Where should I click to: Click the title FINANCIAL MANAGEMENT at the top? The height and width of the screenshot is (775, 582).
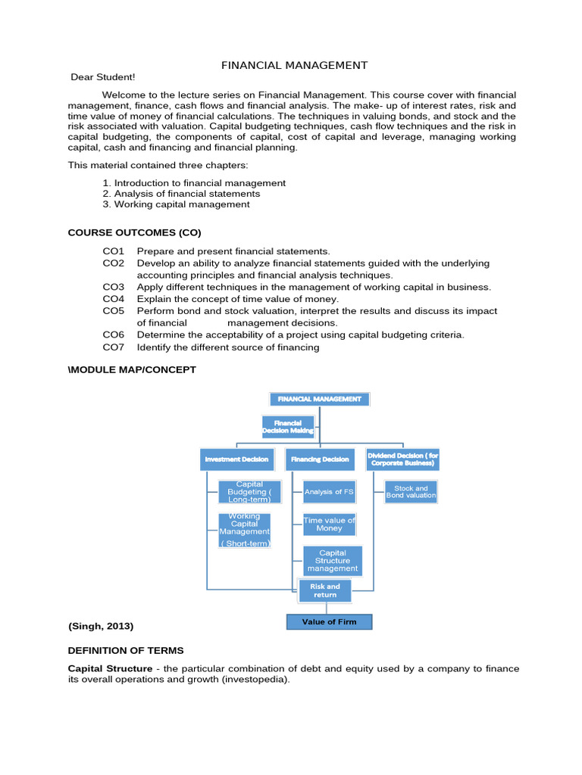tap(294, 66)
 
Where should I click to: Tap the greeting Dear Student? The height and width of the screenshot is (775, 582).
tap(102, 77)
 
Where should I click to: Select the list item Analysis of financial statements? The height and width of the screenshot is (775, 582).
tap(181, 194)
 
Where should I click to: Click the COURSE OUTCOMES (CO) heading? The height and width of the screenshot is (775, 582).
tap(135, 232)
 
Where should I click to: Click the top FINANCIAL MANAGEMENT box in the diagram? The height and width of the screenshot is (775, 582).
tap(320, 399)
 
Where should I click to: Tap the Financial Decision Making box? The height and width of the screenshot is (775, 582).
tap(288, 427)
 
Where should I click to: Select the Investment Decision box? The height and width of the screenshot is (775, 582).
tap(236, 459)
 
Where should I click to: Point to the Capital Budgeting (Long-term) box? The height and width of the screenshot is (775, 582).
tap(249, 492)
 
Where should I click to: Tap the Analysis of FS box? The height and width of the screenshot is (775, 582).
tap(329, 492)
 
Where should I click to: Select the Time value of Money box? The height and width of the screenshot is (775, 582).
tap(329, 524)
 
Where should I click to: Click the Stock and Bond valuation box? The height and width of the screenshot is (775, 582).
tap(411, 492)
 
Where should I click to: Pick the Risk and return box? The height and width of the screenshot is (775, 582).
tap(325, 591)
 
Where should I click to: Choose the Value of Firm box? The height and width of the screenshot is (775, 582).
tap(330, 621)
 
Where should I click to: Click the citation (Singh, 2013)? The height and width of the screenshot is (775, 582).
tap(101, 626)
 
